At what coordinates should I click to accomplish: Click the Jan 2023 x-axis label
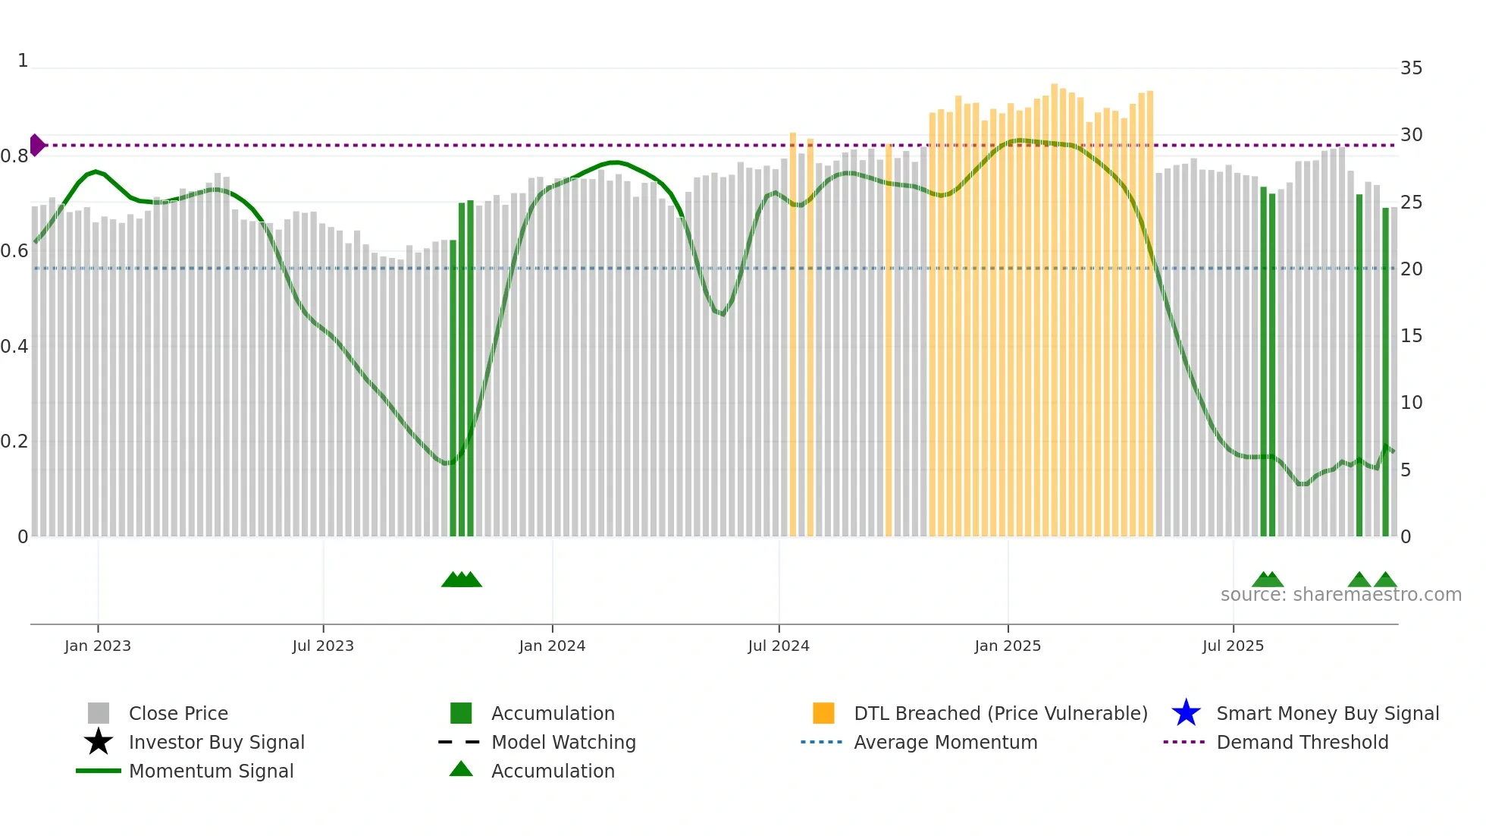(x=97, y=646)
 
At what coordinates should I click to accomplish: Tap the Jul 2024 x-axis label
(x=778, y=646)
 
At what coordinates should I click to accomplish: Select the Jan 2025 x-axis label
(x=1007, y=646)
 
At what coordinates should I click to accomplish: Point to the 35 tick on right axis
(x=1411, y=68)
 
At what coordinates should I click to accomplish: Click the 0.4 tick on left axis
(x=14, y=347)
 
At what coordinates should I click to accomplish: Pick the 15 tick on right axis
(x=1411, y=336)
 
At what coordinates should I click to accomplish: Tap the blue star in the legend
(x=1186, y=713)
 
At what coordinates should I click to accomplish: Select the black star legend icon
(x=99, y=742)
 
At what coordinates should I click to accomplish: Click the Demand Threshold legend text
(x=1302, y=742)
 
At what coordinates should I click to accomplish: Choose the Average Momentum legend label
(x=945, y=742)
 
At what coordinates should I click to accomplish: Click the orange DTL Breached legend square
(x=823, y=713)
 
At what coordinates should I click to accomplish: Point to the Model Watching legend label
(x=563, y=742)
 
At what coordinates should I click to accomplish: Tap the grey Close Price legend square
(x=99, y=713)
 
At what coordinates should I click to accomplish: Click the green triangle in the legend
(x=461, y=770)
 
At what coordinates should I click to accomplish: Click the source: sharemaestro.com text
(x=1340, y=595)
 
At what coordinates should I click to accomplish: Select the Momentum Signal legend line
(x=99, y=771)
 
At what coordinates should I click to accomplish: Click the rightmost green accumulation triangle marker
(x=1385, y=580)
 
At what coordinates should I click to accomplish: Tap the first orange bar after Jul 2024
(x=793, y=334)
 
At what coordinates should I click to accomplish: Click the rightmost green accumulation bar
(x=1385, y=372)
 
